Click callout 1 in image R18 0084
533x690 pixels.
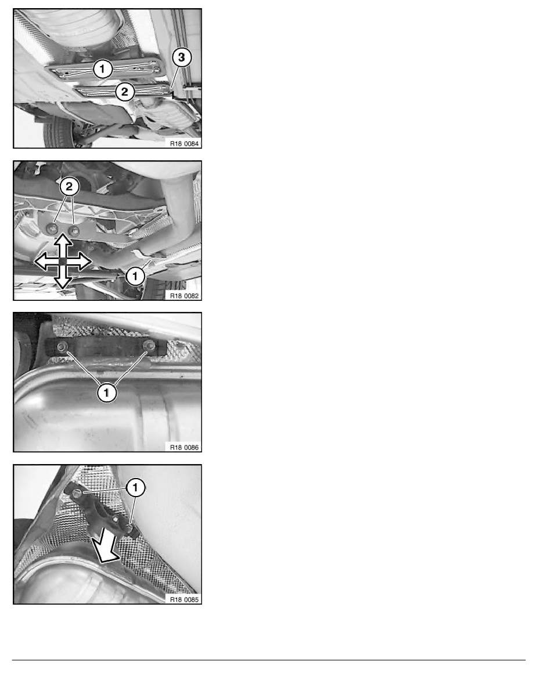pyautogui.click(x=102, y=69)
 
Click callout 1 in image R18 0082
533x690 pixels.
pyautogui.click(x=135, y=277)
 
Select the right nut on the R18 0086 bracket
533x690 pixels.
pyautogui.click(x=150, y=347)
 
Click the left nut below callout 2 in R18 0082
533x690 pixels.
pyautogui.click(x=53, y=228)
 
